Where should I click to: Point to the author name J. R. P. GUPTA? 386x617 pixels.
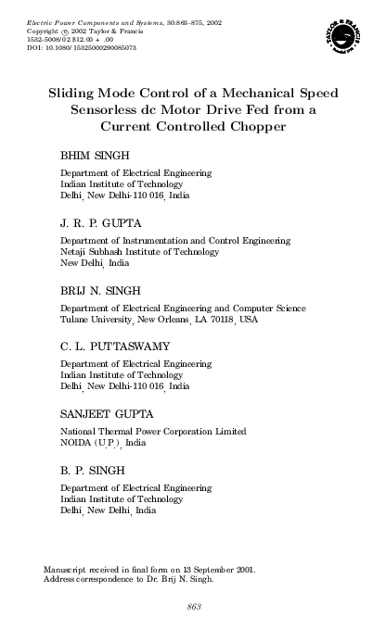[101, 222]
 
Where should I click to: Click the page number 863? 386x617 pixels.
[194, 605]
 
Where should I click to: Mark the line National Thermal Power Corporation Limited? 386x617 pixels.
[153, 431]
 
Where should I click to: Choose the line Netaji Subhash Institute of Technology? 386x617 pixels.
[141, 252]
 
